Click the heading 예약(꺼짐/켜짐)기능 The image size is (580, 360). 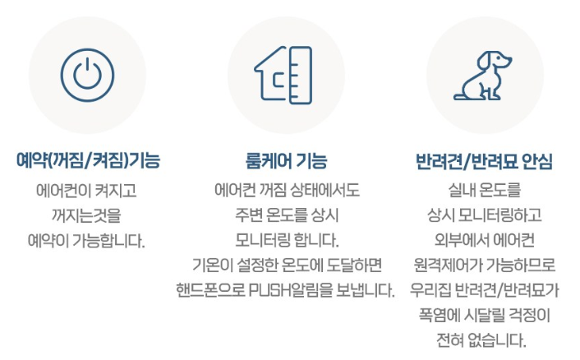(88, 159)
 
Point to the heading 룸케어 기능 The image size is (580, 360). (285, 159)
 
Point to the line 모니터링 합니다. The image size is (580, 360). (285, 241)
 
